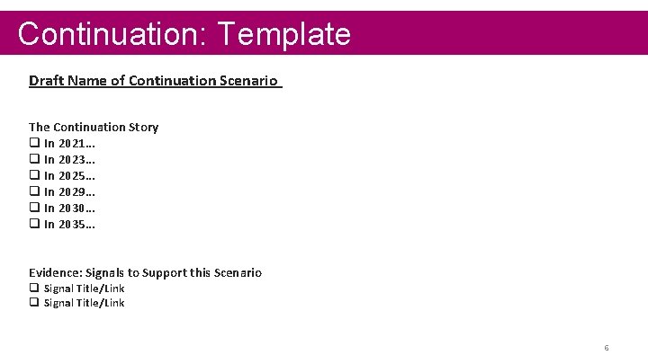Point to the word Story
[142, 127]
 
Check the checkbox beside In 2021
[34, 143]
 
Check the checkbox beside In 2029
[34, 191]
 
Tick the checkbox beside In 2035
[34, 224]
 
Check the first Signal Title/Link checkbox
[34, 289]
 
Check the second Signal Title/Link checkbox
[34, 303]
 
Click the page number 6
[607, 348]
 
